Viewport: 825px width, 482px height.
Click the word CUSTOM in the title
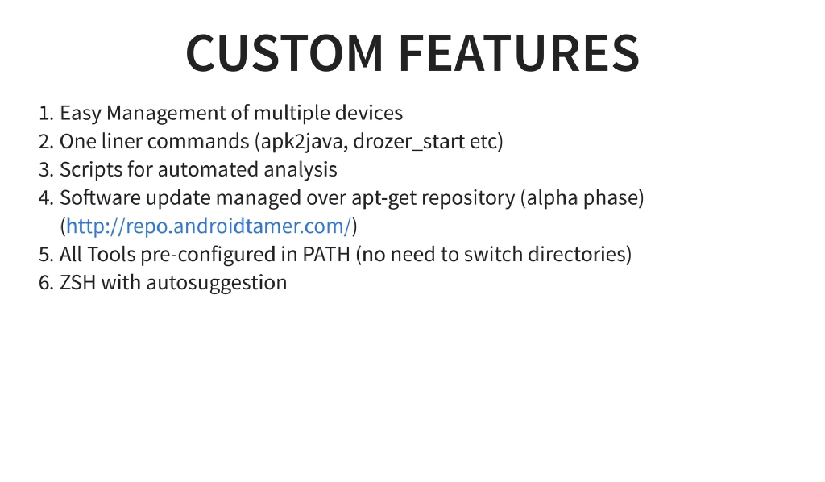(x=284, y=53)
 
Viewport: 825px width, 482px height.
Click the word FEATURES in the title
(x=519, y=53)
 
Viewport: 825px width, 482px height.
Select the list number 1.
(x=45, y=113)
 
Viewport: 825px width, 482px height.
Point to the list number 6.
(x=45, y=283)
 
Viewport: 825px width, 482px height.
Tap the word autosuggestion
(x=217, y=283)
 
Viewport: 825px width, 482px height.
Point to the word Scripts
(x=88, y=170)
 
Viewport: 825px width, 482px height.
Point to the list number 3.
(x=45, y=170)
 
